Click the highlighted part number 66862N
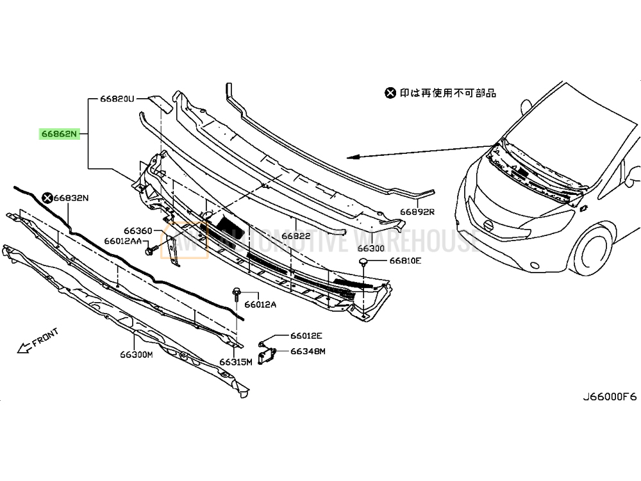point(59,134)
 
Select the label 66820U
point(116,99)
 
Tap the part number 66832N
point(71,198)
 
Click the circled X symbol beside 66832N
point(47,198)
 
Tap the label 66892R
point(418,211)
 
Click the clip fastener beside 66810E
point(362,262)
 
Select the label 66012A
point(260,304)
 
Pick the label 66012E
point(306,335)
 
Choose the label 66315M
point(236,362)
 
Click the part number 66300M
point(135,355)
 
